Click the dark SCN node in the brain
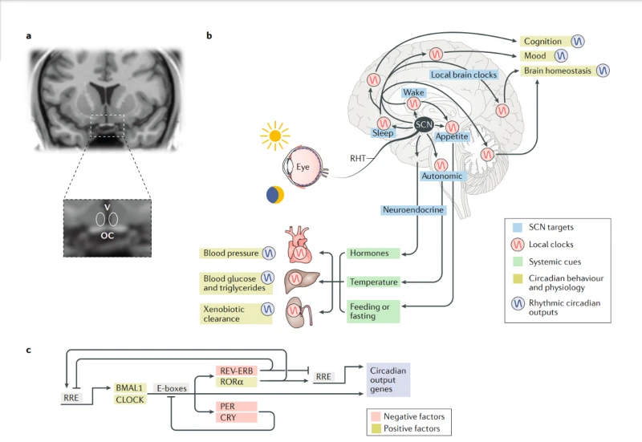pos(424,124)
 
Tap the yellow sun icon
pos(275,136)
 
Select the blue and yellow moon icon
pos(275,195)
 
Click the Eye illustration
pos(303,167)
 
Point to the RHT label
pos(357,158)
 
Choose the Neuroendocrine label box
pos(413,210)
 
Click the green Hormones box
pos(373,253)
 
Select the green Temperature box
pos(373,282)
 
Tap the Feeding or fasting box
pos(373,311)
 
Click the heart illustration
pos(299,245)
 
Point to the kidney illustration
pos(299,311)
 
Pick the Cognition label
pos(543,42)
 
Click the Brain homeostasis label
pos(558,71)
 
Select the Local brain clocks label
pos(464,75)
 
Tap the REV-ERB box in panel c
pos(237,371)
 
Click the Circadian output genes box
pos(388,379)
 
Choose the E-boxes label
pos(172,388)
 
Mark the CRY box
pos(237,417)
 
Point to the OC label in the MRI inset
pos(108,235)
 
